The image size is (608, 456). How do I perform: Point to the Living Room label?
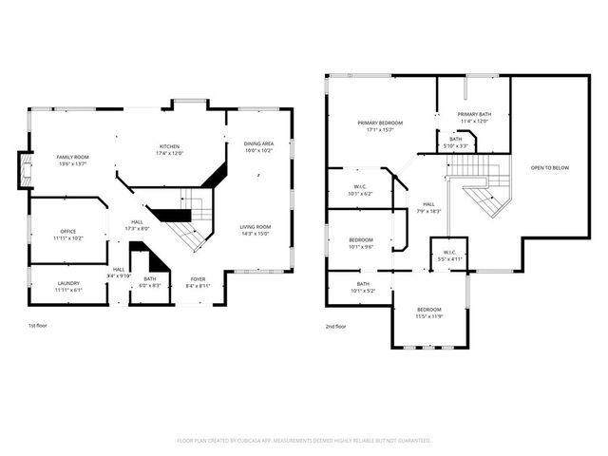point(255,229)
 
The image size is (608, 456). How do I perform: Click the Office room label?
point(67,234)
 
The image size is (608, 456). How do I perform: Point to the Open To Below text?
point(550,167)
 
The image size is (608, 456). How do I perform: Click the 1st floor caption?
point(38,326)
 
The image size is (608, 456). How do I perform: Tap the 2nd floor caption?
point(335,326)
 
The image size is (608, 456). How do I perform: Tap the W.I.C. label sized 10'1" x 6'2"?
point(360,189)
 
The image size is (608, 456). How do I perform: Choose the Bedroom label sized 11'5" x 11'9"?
point(429,312)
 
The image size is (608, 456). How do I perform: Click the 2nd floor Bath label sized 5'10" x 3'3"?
point(455,142)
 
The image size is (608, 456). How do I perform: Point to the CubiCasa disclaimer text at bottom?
point(304,441)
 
